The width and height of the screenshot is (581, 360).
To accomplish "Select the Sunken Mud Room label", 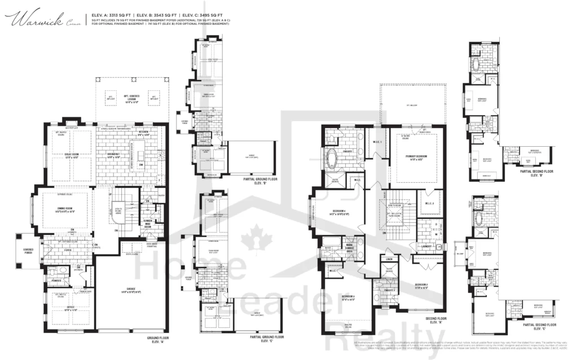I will tap(147, 222).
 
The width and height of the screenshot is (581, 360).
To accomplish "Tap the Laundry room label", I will tap(426, 246).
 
